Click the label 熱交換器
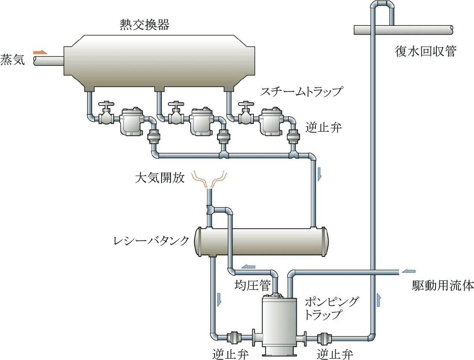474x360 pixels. pyautogui.click(x=144, y=25)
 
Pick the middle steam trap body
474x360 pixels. pyautogui.click(x=201, y=122)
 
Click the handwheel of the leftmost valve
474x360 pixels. pyautogui.click(x=106, y=104)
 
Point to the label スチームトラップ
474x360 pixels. pyautogui.click(x=302, y=91)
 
